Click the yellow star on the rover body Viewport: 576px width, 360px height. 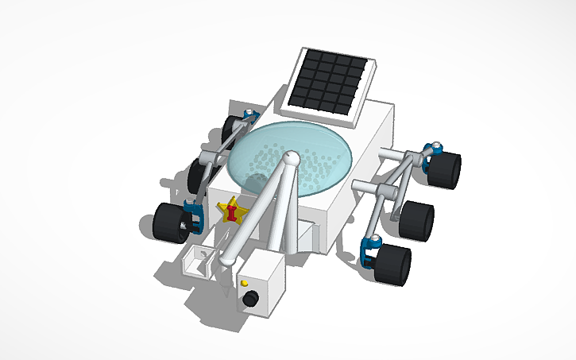tap(232, 211)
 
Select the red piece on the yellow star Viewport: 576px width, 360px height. tap(232, 212)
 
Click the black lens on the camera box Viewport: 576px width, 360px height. tap(251, 299)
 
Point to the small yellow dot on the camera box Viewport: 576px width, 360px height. tap(244, 283)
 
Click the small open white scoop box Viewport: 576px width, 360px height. tap(199, 259)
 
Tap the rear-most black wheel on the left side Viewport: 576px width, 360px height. tap(231, 128)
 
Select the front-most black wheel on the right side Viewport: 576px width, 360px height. tap(393, 265)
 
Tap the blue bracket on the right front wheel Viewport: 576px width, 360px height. tap(369, 250)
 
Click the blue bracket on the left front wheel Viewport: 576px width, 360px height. tap(192, 215)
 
